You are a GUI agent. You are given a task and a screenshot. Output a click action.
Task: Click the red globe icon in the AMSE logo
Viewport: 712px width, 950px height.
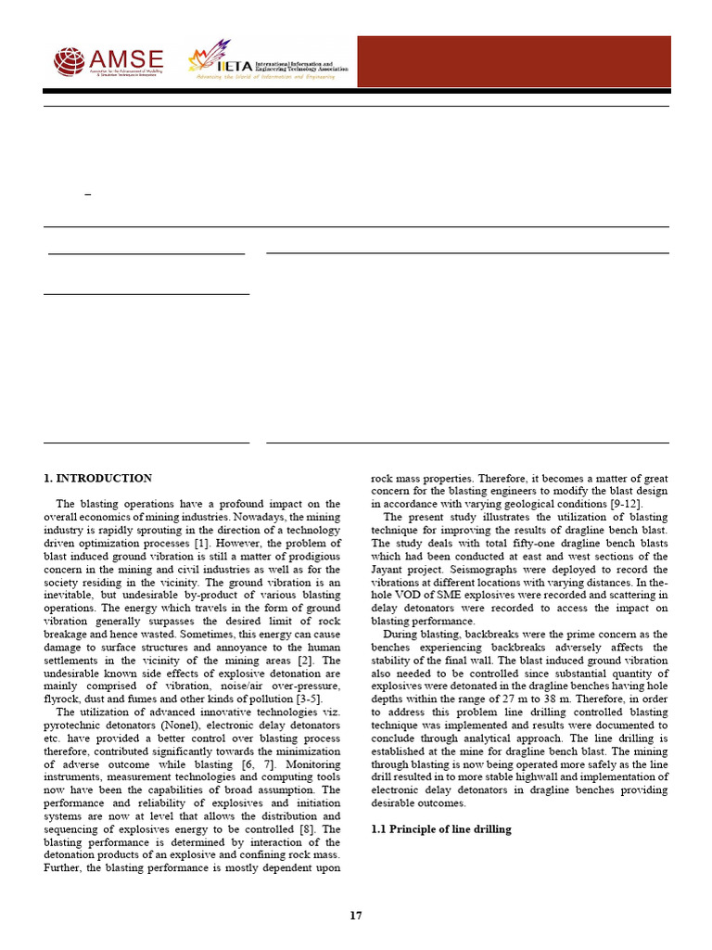pos(69,61)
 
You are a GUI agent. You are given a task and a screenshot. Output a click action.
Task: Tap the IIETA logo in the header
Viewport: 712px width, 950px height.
pos(269,61)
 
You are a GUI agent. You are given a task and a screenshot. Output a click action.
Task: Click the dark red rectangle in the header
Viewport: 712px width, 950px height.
pos(514,61)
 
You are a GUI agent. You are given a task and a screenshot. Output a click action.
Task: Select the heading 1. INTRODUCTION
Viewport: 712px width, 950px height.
pos(97,479)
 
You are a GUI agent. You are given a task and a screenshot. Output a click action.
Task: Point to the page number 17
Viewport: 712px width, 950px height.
pos(356,916)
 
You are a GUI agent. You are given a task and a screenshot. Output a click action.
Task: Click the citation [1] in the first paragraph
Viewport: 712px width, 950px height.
pos(200,541)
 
